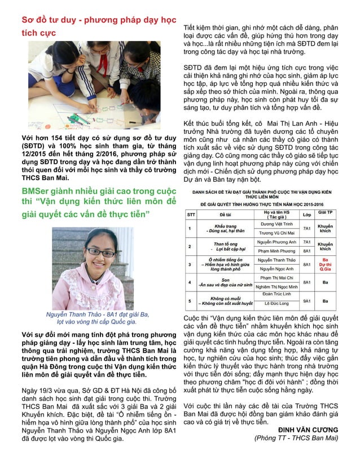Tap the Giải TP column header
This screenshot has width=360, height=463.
(x=332, y=213)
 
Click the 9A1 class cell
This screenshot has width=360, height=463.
(x=308, y=301)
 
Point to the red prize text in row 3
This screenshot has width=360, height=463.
(x=332, y=264)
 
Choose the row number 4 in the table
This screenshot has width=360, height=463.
(x=191, y=282)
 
